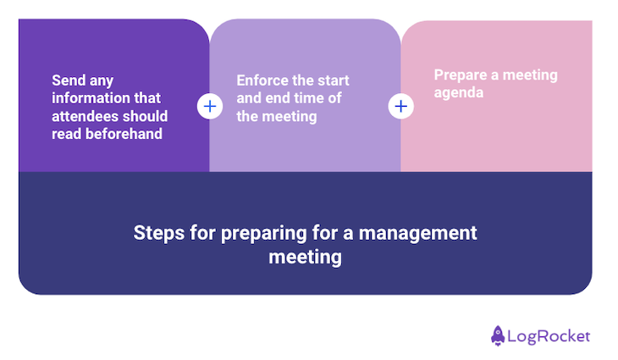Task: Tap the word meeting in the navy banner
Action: click(305, 257)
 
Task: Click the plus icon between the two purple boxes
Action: click(209, 107)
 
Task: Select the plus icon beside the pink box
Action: click(400, 107)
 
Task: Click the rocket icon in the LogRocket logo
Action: click(498, 335)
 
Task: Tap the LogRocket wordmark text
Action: click(549, 336)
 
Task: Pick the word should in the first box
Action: click(147, 116)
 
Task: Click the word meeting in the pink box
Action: click(529, 75)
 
